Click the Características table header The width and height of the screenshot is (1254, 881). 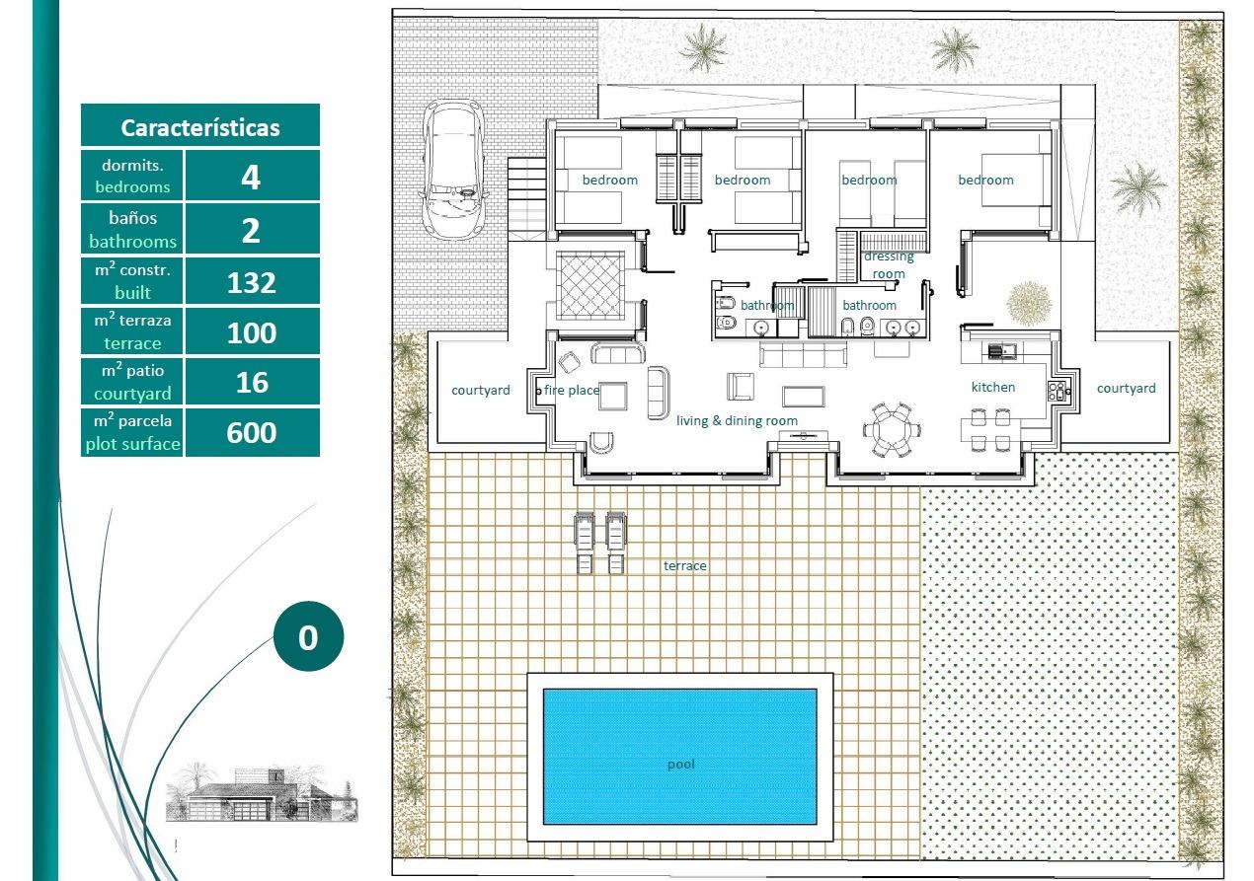pos(200,127)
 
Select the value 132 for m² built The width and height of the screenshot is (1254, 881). pos(252,283)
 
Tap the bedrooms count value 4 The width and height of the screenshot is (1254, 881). pos(252,178)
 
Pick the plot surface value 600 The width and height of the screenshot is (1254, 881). pos(252,433)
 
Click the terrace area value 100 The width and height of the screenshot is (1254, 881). pos(252,332)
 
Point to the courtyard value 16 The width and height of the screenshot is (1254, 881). pos(252,382)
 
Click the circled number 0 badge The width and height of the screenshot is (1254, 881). pos(308,637)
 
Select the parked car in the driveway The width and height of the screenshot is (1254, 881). pos(453,169)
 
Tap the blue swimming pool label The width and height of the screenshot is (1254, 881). pos(680,764)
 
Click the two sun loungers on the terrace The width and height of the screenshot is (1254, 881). pos(600,543)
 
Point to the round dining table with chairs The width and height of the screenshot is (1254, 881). pos(891,428)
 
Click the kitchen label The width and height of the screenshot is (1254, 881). pos(992,388)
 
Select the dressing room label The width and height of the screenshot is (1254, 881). pos(889,265)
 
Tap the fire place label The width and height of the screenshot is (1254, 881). pos(572,391)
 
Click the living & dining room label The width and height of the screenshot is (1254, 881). pos(737,421)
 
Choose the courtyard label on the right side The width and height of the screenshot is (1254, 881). pos(1126,389)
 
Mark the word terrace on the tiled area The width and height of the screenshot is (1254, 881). pos(684,566)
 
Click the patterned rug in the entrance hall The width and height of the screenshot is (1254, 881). pos(589,283)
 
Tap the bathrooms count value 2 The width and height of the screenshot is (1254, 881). pos(252,231)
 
